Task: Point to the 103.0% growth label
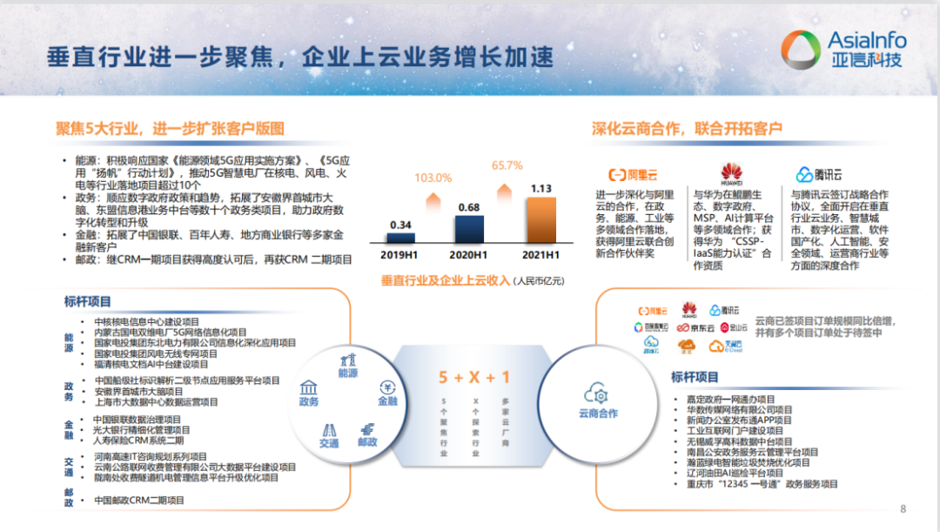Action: point(433,178)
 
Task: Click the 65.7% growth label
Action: point(507,165)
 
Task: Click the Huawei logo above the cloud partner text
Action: point(730,173)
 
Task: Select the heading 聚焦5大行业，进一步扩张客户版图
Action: point(170,128)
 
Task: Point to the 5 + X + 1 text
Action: point(474,377)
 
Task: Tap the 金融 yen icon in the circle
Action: point(386,388)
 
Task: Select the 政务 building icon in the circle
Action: point(308,388)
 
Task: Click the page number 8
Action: point(903,509)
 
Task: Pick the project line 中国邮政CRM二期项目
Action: point(139,501)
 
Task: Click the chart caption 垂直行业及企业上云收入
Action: point(445,280)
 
